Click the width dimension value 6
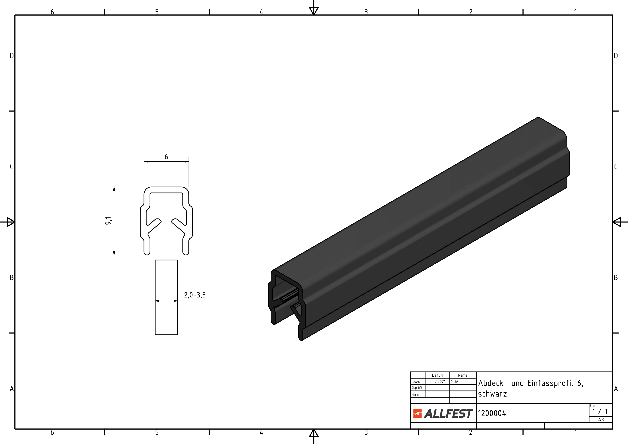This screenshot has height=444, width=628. [166, 156]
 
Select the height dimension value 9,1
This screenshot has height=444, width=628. [108, 221]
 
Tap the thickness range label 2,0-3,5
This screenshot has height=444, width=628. [195, 295]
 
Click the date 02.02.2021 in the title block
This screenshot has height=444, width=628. [437, 382]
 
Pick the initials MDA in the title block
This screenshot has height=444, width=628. [455, 382]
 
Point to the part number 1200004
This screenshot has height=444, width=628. [492, 413]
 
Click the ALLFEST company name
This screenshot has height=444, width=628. [448, 414]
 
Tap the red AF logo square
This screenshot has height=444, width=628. [417, 414]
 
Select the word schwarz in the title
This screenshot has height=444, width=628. [492, 394]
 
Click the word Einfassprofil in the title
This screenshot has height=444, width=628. [550, 383]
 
